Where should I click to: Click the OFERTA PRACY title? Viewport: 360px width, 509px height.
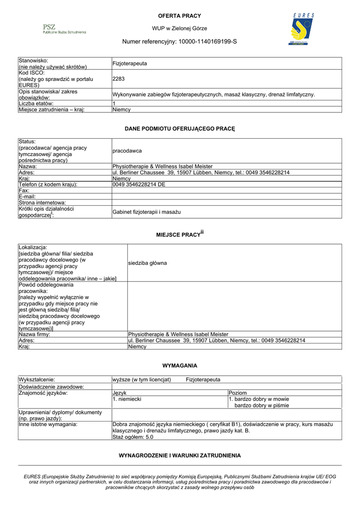click(x=180, y=16)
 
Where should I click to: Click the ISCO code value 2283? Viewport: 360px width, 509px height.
click(x=118, y=79)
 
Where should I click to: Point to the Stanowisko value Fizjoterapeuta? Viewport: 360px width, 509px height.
click(x=130, y=64)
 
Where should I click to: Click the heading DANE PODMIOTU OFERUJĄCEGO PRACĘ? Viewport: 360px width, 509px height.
click(x=180, y=129)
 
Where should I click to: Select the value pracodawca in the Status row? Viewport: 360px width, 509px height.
click(x=127, y=150)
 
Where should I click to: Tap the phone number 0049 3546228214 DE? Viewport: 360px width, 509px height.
click(x=139, y=184)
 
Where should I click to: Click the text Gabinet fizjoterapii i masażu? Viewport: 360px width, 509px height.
click(x=147, y=212)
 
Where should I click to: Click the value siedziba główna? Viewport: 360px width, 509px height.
click(x=147, y=262)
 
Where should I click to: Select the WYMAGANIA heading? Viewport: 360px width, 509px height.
click(x=180, y=365)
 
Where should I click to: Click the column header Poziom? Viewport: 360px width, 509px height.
click(x=237, y=393)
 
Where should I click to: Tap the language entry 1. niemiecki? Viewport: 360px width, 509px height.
click(x=127, y=399)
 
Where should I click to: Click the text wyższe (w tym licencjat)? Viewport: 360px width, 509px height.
click(x=142, y=380)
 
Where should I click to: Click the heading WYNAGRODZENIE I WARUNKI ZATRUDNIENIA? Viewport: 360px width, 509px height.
click(x=180, y=455)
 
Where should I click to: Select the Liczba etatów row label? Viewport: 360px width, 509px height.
click(x=39, y=103)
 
